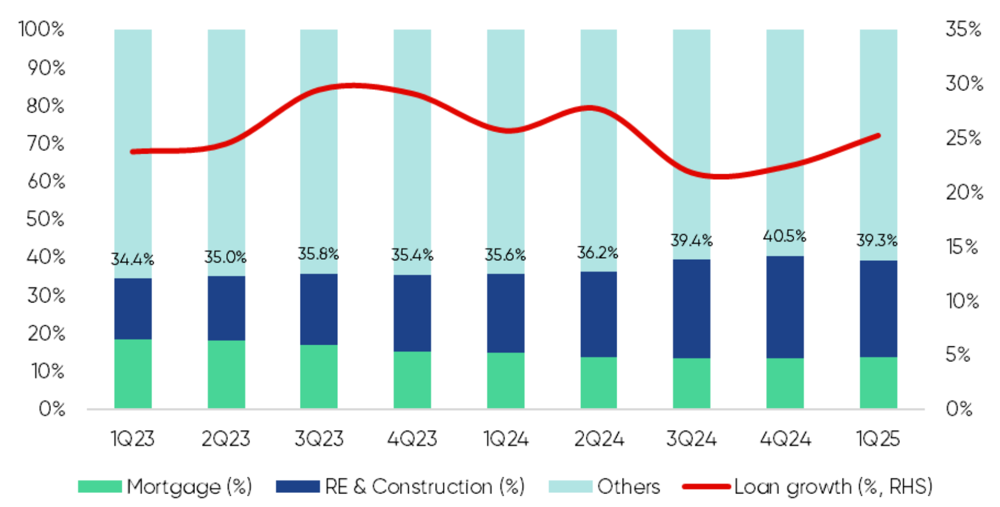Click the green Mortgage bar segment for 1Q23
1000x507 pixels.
[x=133, y=373]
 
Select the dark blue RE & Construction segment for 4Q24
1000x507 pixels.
[x=785, y=307]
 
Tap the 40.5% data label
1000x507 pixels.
[x=785, y=236]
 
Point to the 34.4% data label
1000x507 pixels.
[x=133, y=259]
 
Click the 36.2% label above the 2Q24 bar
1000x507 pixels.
[x=598, y=252]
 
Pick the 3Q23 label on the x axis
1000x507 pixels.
[x=319, y=438]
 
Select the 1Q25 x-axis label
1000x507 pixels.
[x=878, y=438]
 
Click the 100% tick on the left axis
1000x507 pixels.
[x=41, y=29]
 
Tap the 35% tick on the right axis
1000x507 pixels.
[x=964, y=29]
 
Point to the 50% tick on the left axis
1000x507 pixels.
[x=45, y=219]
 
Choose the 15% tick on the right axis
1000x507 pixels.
[x=963, y=247]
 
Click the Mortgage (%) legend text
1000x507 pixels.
[x=189, y=486]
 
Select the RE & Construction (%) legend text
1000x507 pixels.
[x=425, y=486]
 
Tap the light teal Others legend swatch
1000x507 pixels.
[x=570, y=486]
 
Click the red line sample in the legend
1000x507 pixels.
[x=707, y=486]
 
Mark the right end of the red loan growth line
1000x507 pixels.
[x=878, y=135]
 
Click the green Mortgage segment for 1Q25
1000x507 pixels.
[x=878, y=382]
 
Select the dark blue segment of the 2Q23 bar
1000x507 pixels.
[x=226, y=308]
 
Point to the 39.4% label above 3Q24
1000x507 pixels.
[x=691, y=240]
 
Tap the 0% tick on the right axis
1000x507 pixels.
[x=959, y=409]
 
